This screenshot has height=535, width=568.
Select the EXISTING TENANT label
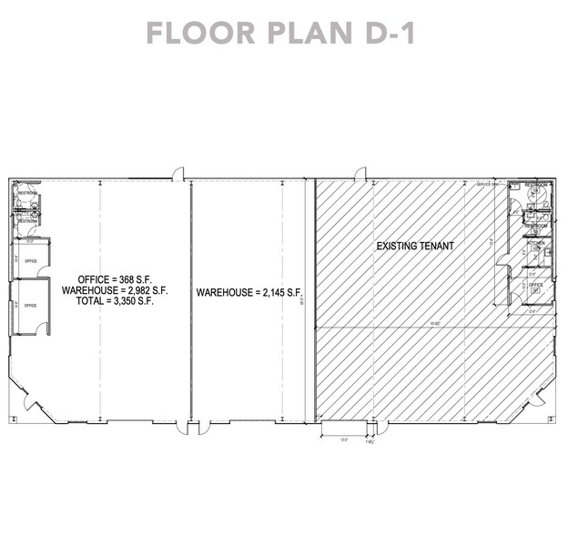coord(414,247)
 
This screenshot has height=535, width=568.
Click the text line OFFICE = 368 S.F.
coord(115,279)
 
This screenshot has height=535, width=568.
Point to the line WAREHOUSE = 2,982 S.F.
coord(115,290)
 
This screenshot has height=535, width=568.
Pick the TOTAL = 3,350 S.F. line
coord(115,301)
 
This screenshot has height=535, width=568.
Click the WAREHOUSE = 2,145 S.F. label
coord(248,293)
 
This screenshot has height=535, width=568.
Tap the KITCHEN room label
coord(535,244)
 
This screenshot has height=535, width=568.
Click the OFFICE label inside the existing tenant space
coord(536,284)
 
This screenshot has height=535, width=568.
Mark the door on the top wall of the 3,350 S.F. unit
coord(179,174)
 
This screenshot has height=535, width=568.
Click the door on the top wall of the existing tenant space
coord(360,174)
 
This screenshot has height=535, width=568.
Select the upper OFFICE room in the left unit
coord(29,259)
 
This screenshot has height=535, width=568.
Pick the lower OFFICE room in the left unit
coord(29,306)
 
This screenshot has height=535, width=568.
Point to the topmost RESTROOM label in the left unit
coord(27,193)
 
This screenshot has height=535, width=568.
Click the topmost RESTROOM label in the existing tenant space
coord(536,185)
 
